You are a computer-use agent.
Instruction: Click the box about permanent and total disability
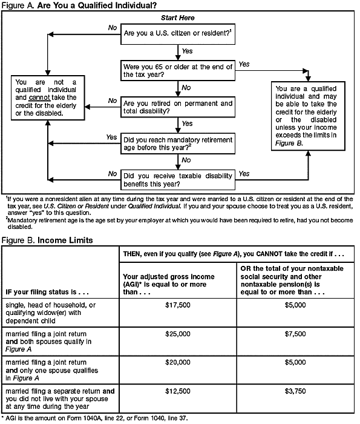pyautogui.click(x=177, y=107)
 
